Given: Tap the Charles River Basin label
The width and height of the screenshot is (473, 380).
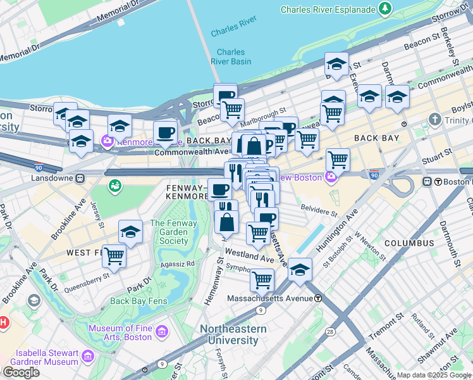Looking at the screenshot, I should tap(231, 57).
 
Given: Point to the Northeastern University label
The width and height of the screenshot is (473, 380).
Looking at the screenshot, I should tap(229, 334).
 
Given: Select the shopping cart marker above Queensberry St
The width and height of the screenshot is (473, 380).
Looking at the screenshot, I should tap(114, 256).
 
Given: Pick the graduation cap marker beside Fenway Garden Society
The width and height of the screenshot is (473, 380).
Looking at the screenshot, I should tap(130, 232).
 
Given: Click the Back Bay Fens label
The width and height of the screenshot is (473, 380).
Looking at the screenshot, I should tap(139, 301).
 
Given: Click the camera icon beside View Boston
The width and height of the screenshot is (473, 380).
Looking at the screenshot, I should tap(330, 177).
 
